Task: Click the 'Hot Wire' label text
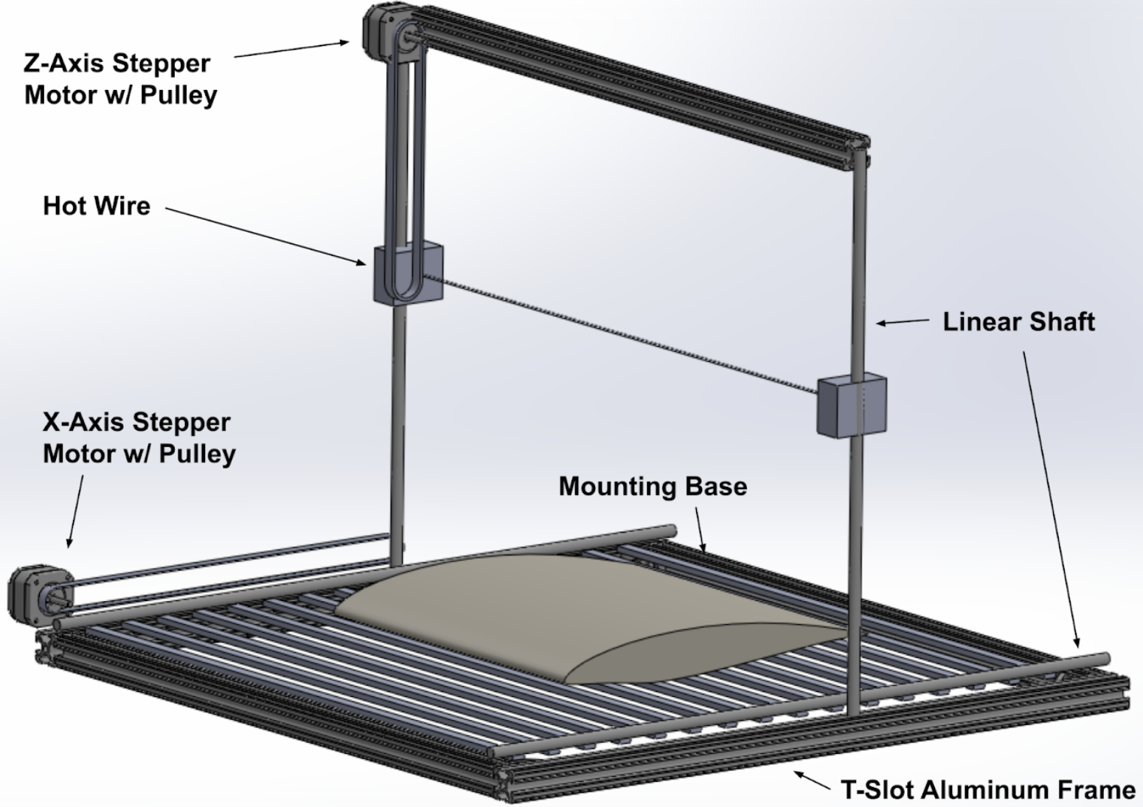pos(97,206)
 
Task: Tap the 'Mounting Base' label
pos(653,486)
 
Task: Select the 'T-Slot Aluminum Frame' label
pos(988,789)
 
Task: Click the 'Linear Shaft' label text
pos(1018,322)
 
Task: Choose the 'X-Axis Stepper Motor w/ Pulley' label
pos(139,437)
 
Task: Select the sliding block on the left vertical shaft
pos(408,274)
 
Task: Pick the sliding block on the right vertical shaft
pos(852,406)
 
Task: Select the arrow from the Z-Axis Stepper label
pos(291,49)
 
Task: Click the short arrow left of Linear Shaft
pos(903,322)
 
